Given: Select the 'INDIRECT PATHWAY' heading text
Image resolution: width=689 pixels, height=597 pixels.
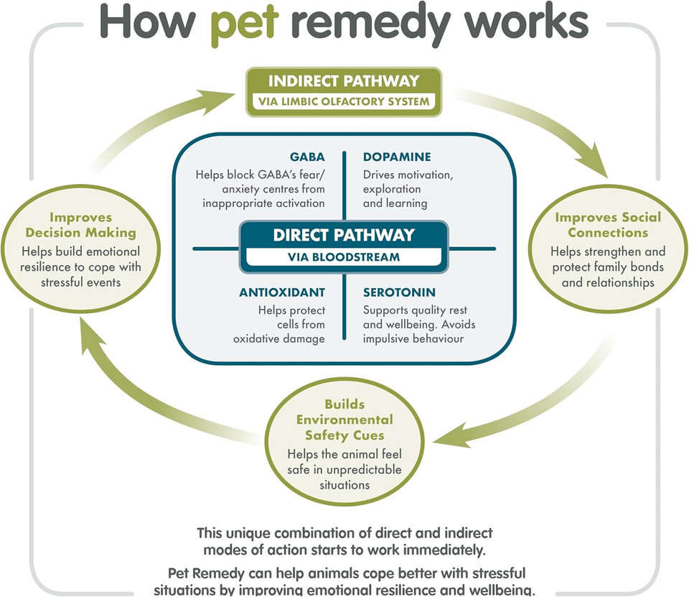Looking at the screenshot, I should click(x=343, y=80).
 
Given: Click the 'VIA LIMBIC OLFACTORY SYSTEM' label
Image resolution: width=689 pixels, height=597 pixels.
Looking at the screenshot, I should click(x=343, y=101).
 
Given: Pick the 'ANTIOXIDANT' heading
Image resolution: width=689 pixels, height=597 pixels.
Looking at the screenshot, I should click(x=282, y=292).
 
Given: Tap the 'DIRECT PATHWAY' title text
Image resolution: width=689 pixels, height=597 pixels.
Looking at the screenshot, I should click(x=344, y=235).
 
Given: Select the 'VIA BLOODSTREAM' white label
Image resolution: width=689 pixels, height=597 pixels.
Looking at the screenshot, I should click(x=344, y=256).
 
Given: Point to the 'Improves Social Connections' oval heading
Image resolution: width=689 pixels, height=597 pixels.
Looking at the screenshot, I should click(x=608, y=225).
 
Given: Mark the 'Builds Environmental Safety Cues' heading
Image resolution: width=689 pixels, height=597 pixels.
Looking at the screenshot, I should click(x=344, y=420).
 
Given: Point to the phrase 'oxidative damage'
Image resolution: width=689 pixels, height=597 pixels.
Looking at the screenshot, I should click(x=278, y=339).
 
